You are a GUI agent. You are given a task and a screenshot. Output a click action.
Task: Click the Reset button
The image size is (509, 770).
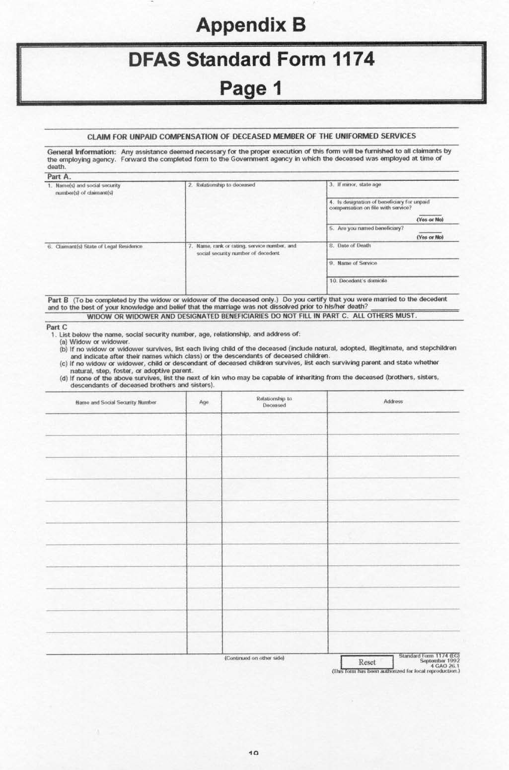(x=366, y=662)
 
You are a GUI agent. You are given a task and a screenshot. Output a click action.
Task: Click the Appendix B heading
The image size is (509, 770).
(x=251, y=25)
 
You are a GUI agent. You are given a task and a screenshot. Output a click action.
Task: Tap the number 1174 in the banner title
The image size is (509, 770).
(x=353, y=60)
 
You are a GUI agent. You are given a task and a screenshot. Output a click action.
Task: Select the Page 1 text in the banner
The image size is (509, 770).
(x=251, y=88)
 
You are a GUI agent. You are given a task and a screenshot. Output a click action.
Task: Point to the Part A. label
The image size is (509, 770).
(x=59, y=177)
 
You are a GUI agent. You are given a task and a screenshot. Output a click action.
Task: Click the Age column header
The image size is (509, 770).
(x=204, y=402)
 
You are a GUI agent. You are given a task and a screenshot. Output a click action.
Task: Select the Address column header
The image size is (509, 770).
(x=393, y=402)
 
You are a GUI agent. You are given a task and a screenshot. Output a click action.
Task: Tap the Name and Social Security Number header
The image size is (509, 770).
(x=116, y=402)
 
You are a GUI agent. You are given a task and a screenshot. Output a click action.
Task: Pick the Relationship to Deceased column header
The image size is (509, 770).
(x=274, y=402)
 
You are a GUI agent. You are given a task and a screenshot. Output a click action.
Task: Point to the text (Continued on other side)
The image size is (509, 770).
(x=254, y=658)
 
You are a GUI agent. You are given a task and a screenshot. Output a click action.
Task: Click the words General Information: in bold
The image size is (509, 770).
(x=81, y=152)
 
